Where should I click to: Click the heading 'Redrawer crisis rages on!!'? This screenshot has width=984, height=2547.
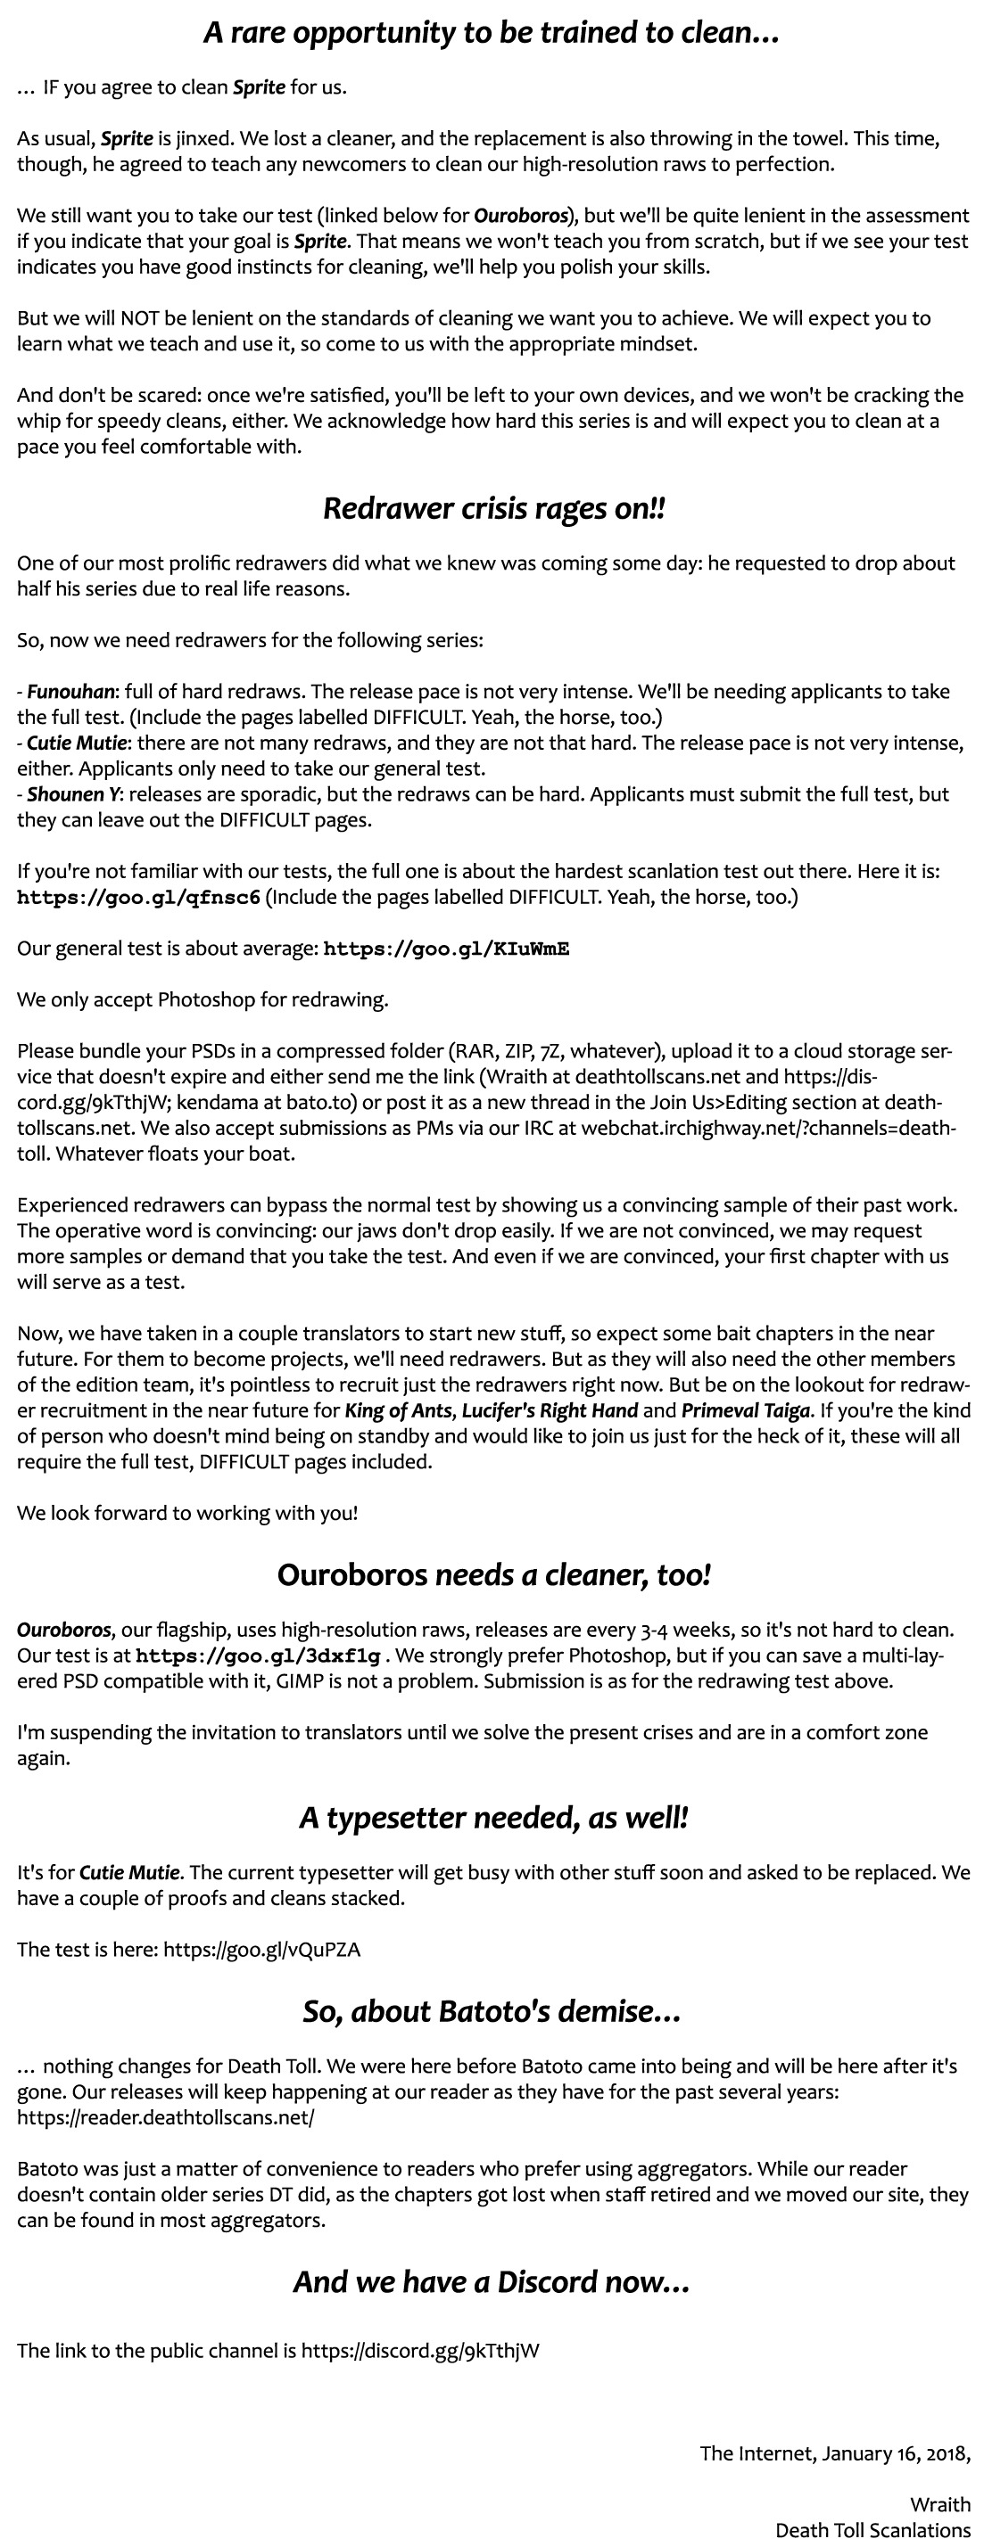coord(493,509)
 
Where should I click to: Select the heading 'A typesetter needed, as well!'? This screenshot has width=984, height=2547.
coord(493,1817)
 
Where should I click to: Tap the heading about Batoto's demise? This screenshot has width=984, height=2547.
coord(492,2011)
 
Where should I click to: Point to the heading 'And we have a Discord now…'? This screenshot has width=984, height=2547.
coord(492,2281)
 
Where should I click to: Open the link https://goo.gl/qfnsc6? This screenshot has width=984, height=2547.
coord(138,898)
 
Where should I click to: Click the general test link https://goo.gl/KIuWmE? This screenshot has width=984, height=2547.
coord(446,949)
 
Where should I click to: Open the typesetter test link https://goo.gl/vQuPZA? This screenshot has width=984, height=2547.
coord(262,1950)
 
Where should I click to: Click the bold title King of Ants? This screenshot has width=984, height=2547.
coord(398,1411)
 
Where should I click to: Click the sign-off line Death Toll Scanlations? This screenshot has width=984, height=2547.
coord(872,2530)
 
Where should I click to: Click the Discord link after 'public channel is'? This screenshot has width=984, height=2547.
coord(420,2351)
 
